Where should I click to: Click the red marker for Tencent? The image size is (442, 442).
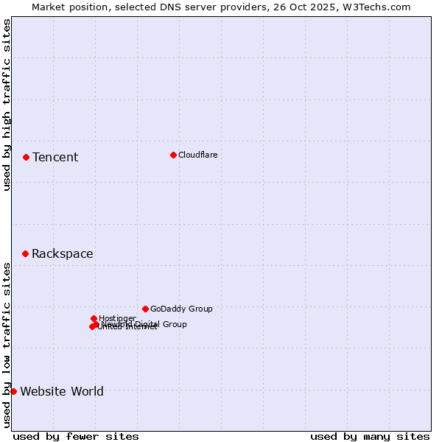pyautogui.click(x=26, y=157)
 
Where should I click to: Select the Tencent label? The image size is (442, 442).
pyautogui.click(x=55, y=157)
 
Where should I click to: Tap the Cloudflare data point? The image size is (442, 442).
pyautogui.click(x=173, y=155)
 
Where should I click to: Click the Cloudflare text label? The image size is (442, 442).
pyautogui.click(x=197, y=155)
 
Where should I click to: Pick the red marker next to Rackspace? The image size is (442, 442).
pyautogui.click(x=25, y=253)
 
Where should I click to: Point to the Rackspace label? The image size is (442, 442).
pyautogui.click(x=62, y=254)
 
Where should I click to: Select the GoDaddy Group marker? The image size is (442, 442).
pyautogui.click(x=145, y=309)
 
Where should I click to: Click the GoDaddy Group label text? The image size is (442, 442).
pyautogui.click(x=181, y=309)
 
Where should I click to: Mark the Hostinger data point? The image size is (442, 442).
pyautogui.click(x=94, y=318)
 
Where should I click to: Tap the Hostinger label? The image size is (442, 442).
pyautogui.click(x=117, y=318)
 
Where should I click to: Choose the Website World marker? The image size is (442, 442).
pyautogui.click(x=13, y=391)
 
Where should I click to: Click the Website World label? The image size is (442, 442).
pyautogui.click(x=62, y=391)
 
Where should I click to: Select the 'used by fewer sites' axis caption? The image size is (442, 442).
pyautogui.click(x=76, y=436)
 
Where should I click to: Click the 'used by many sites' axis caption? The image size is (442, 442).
pyautogui.click(x=370, y=436)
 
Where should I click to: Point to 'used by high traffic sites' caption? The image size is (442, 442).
pyautogui.click(x=7, y=105)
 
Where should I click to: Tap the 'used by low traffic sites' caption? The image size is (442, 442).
pyautogui.click(x=7, y=344)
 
